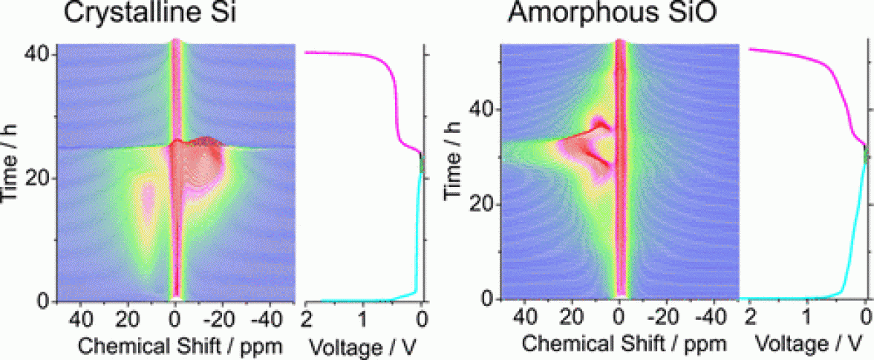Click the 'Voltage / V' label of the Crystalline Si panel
pos(365,346)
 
